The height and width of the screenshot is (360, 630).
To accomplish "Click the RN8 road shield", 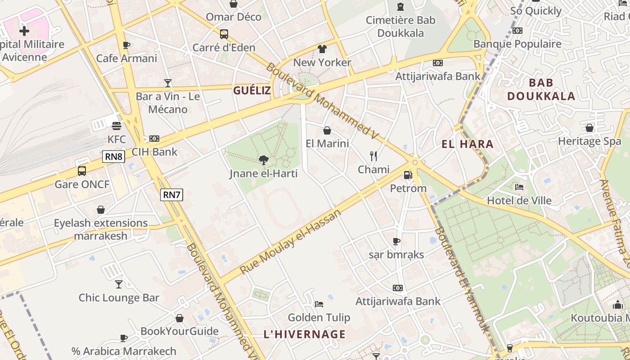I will tap(113, 157).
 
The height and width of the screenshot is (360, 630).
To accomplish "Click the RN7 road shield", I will tap(172, 195).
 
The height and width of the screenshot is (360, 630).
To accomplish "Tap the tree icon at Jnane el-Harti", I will tap(264, 160).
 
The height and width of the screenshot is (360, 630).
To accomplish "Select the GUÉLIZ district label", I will tap(252, 90).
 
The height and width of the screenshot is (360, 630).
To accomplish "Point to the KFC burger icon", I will tap(117, 126).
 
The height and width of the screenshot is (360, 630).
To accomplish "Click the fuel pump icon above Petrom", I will tap(408, 175).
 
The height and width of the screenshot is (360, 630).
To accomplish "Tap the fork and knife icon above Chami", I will tap(373, 156).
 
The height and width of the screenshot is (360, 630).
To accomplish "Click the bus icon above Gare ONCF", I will tap(82, 171).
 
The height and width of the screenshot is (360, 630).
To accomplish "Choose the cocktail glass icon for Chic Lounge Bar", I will tap(119, 284).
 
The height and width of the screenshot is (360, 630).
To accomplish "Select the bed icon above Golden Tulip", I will tap(319, 304).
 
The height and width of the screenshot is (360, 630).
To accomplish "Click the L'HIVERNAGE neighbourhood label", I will tap(305, 334).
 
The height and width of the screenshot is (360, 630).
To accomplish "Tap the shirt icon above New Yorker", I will tap(322, 49).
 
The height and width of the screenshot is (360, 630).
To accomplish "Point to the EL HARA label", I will tap(468, 144).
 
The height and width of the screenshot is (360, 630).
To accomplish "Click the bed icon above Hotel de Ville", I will tap(519, 187).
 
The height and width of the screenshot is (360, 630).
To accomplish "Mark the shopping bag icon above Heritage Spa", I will tap(589, 128).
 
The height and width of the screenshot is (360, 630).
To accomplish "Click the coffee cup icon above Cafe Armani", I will tap(126, 45).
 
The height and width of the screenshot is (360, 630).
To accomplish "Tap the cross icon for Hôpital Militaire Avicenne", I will tap(24, 31).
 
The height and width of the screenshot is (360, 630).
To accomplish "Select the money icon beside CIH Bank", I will tap(154, 139).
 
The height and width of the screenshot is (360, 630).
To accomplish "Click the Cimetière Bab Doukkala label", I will tap(400, 27).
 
